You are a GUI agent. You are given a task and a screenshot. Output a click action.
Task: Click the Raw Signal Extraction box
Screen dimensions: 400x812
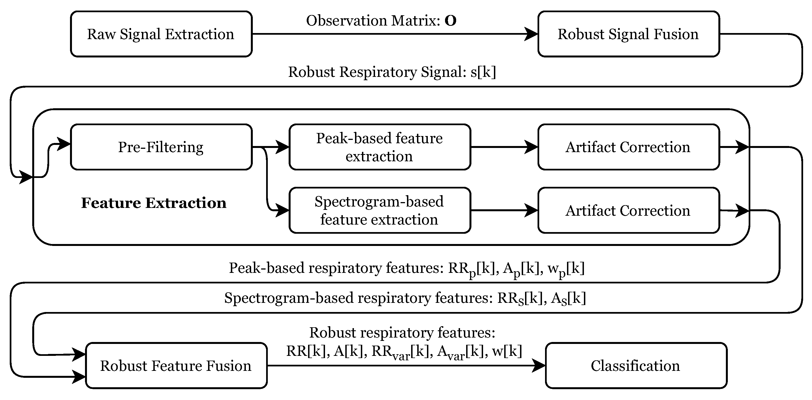[161, 34]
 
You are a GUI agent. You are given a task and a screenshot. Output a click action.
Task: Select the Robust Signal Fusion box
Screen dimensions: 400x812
[628, 34]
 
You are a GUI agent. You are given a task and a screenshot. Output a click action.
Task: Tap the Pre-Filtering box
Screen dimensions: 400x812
[161, 147]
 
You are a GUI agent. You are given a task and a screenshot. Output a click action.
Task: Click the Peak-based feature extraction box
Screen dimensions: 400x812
[379, 147]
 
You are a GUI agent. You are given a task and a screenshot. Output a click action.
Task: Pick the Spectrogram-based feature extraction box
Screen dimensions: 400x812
[379, 210]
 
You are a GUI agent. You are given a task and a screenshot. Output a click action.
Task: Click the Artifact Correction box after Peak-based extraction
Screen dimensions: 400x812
[628, 147]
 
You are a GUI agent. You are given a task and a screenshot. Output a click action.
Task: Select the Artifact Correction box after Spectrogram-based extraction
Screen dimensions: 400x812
[628, 210]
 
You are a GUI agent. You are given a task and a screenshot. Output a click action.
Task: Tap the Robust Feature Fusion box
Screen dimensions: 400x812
[176, 366]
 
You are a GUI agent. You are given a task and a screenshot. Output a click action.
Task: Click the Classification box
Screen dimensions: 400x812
[636, 366]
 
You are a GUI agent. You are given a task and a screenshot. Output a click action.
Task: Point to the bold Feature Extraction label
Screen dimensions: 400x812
[154, 203]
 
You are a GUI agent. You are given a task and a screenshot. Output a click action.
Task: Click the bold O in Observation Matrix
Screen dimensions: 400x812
[450, 21]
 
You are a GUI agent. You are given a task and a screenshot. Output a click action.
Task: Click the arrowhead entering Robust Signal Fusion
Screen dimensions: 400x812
[531, 34]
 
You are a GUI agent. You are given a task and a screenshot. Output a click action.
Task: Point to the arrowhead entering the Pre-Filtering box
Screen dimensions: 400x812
[64, 144]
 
